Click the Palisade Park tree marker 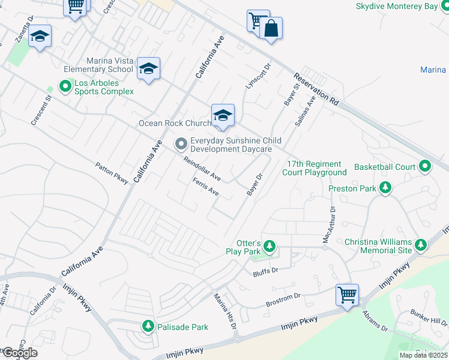(x=148, y=326)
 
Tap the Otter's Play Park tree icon (x=270, y=246)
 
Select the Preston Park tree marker (x=385, y=188)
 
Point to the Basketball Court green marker (x=425, y=166)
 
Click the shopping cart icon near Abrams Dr (x=347, y=295)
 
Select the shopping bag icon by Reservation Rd (x=271, y=28)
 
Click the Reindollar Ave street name (x=202, y=170)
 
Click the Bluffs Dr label (x=267, y=271)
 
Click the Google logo (x=19, y=353)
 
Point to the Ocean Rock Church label (x=175, y=123)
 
